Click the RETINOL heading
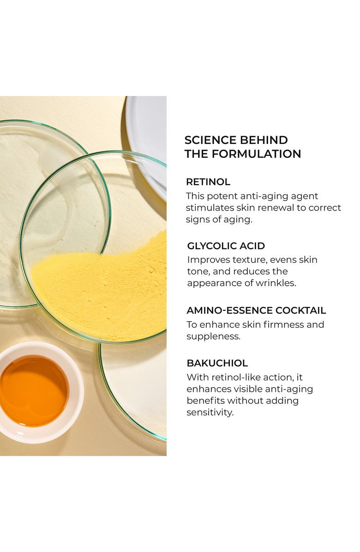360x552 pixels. pos(208,182)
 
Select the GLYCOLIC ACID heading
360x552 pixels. pos(226,246)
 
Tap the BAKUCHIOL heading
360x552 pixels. pos(217,363)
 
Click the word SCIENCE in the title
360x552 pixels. pos(207,140)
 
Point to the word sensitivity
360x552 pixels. pos(210,412)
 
